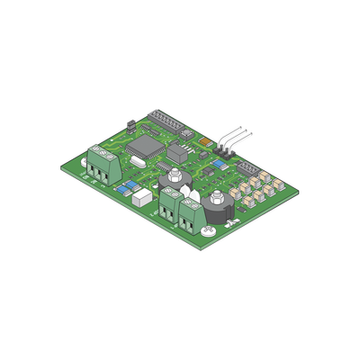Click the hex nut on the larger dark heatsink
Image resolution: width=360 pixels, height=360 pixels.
pos(217,196)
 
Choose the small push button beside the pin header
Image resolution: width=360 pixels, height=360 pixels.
pos(186,135)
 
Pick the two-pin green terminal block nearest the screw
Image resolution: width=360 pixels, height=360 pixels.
pos(191,216)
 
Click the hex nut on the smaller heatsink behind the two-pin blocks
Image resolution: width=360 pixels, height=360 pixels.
pos(174,176)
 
